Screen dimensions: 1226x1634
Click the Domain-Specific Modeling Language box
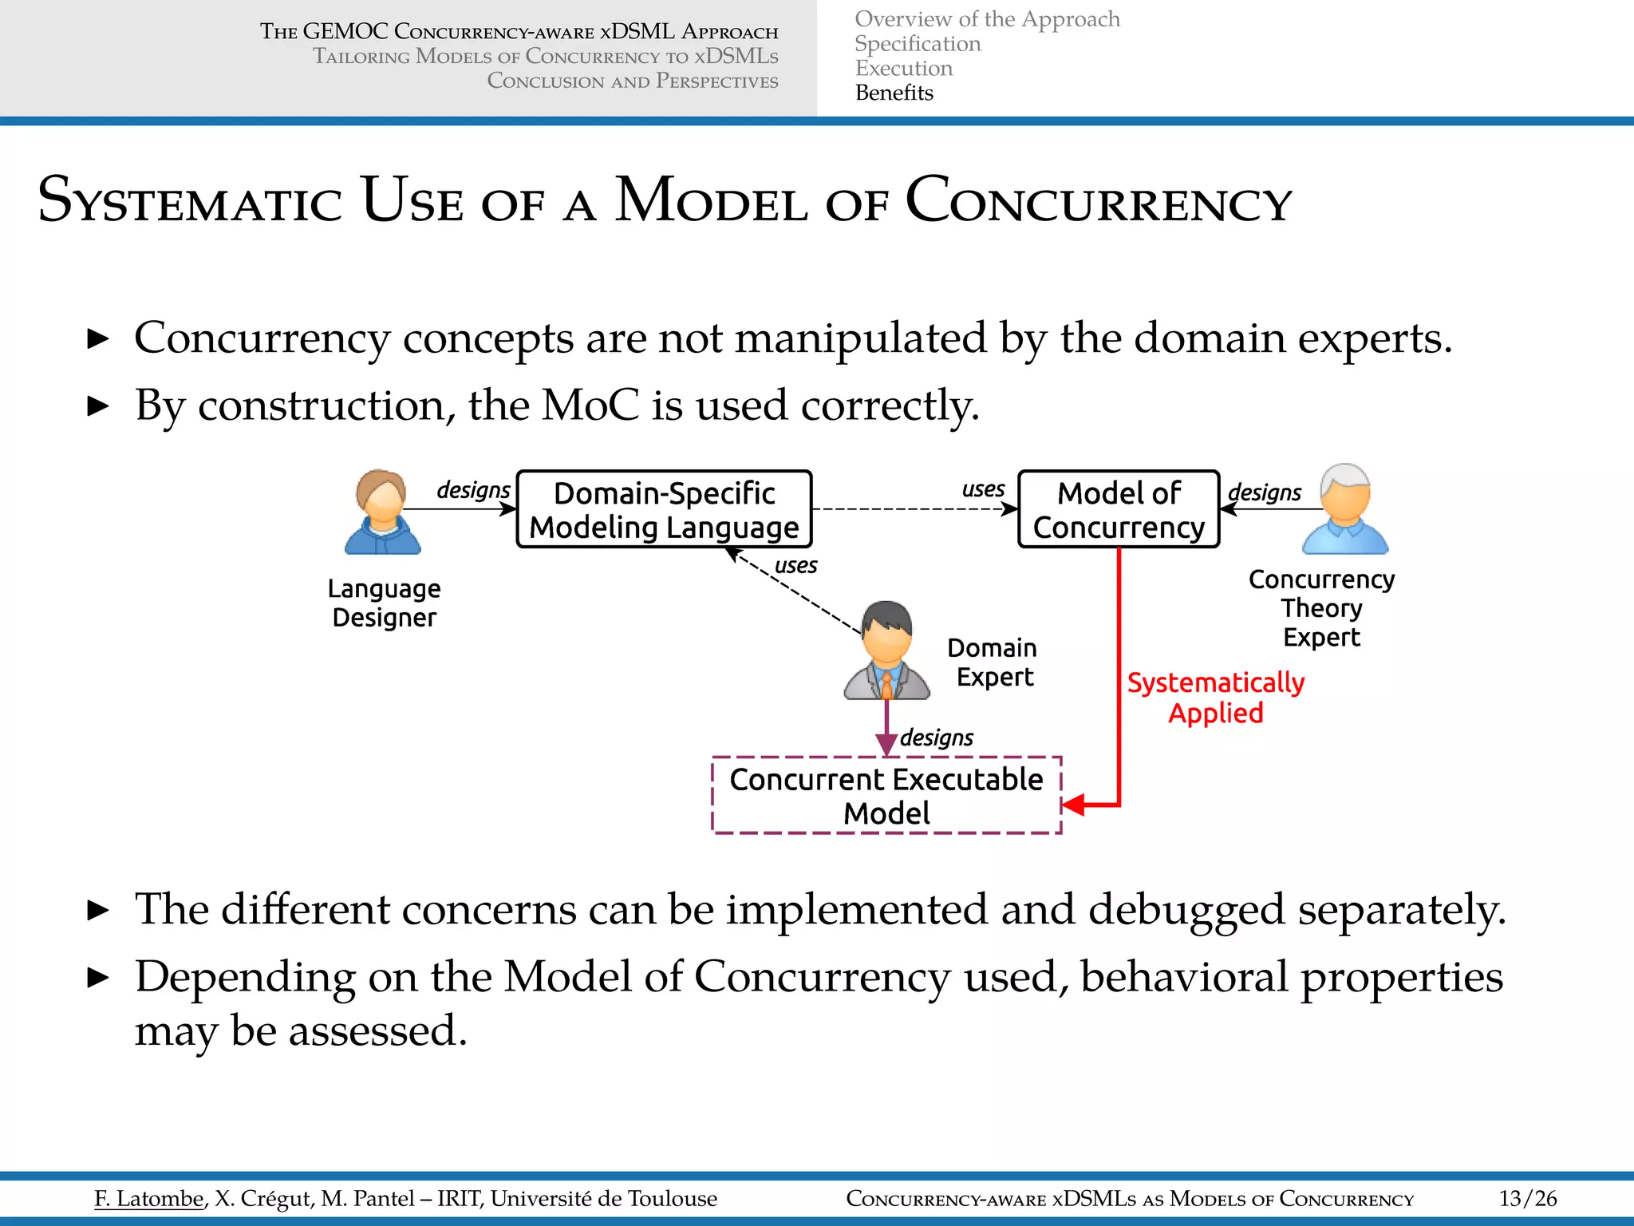[664, 509]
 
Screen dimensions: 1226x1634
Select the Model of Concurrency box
[1119, 509]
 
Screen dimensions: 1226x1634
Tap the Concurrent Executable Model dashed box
[886, 795]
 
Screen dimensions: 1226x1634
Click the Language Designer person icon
[383, 512]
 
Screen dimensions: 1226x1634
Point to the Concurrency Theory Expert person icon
[1345, 511]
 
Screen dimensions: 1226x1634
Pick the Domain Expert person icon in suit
[887, 651]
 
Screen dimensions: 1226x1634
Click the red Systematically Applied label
[1215, 698]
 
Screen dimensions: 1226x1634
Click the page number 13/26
[1527, 1198]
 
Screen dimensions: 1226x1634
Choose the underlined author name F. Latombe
[149, 1198]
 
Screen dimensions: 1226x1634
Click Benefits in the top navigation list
[894, 93]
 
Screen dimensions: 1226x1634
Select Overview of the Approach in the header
[987, 19]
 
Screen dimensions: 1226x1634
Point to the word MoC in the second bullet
[590, 405]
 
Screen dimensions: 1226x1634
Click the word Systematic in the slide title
[190, 201]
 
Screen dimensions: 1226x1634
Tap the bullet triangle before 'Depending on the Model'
[97, 977]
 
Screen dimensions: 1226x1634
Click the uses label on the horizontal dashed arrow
[983, 488]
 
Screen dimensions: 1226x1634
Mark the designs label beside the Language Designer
[473, 489]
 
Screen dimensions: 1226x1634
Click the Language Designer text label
[384, 603]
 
